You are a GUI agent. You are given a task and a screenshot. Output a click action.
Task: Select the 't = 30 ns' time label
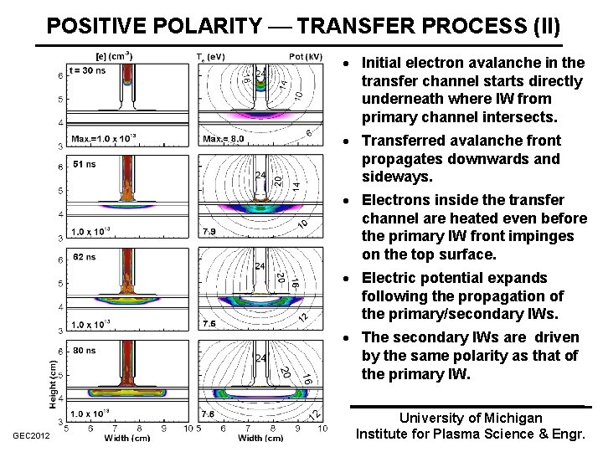pos(89,70)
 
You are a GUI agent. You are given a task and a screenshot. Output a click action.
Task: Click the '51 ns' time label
pos(85,164)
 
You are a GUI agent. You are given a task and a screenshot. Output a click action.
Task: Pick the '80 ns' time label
pos(85,352)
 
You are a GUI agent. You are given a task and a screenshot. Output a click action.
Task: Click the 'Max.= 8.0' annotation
pos(224,139)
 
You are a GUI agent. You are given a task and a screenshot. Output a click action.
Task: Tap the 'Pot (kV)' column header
pos(306,57)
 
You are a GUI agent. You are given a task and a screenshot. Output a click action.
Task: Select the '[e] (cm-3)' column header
pos(113,57)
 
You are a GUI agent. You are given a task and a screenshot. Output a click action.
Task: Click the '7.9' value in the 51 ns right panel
pos(209,232)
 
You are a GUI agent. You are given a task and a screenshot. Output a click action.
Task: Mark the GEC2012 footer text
pos(31,435)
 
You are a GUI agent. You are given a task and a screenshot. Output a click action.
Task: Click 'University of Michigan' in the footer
pos(471,418)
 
